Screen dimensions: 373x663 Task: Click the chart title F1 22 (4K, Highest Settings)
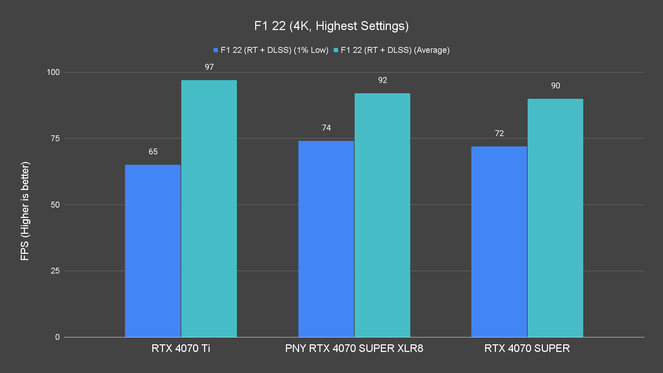pyautogui.click(x=331, y=26)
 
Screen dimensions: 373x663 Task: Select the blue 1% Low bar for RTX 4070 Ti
pyautogui.click(x=153, y=251)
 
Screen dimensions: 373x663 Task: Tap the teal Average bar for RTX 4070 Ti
pyautogui.click(x=209, y=209)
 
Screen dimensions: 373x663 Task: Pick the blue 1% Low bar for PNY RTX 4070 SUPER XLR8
pyautogui.click(x=326, y=239)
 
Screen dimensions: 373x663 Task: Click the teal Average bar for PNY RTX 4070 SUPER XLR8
pyautogui.click(x=382, y=215)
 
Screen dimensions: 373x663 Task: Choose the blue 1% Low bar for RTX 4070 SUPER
pyautogui.click(x=499, y=242)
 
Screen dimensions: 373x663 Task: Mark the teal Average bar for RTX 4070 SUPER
pyautogui.click(x=555, y=218)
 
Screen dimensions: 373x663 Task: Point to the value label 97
pyautogui.click(x=209, y=67)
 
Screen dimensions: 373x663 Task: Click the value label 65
pyautogui.click(x=153, y=152)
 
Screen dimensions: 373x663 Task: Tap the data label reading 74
pyautogui.click(x=326, y=128)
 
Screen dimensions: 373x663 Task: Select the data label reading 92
pyautogui.click(x=383, y=80)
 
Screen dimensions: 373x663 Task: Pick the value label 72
pyautogui.click(x=499, y=133)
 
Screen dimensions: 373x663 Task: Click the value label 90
pyautogui.click(x=556, y=86)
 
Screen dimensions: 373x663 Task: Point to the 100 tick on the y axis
pyautogui.click(x=53, y=72)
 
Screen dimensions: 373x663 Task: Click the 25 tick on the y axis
pyautogui.click(x=55, y=271)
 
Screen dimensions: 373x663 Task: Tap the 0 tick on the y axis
pyautogui.click(x=57, y=337)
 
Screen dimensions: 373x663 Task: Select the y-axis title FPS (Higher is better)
pyautogui.click(x=25, y=211)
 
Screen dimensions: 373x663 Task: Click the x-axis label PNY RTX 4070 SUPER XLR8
pyautogui.click(x=354, y=348)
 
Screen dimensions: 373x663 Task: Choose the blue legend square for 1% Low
pyautogui.click(x=216, y=50)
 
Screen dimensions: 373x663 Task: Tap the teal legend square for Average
pyautogui.click(x=336, y=50)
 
